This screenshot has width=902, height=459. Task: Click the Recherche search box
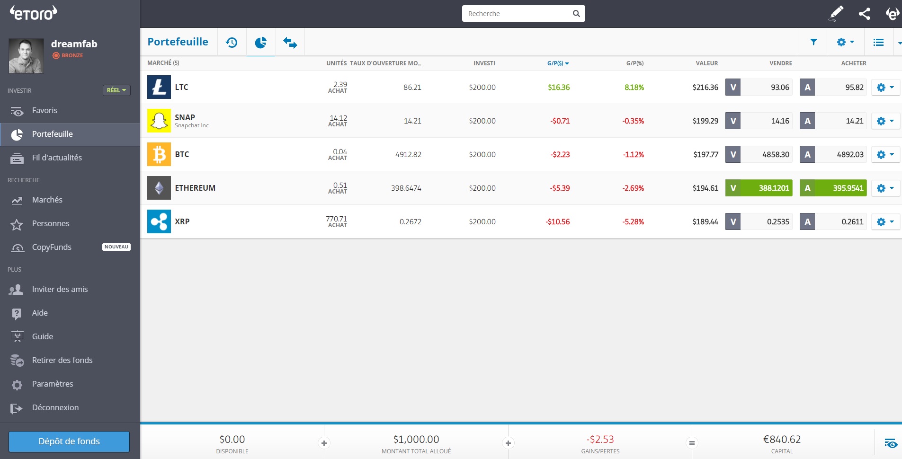point(518,14)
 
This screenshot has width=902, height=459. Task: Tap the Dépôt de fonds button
point(69,441)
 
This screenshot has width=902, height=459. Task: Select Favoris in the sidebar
point(45,110)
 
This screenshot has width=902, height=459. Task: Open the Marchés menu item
point(47,200)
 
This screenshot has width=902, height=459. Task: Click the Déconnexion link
point(55,407)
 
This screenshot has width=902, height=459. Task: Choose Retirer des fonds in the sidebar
point(62,360)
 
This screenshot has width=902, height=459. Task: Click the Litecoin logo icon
point(159,87)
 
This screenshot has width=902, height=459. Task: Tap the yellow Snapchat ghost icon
point(159,121)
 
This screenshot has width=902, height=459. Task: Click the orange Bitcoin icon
point(159,154)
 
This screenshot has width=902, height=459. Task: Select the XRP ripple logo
point(159,221)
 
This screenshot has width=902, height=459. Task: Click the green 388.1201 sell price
point(766,188)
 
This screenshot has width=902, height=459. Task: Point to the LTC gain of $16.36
point(559,88)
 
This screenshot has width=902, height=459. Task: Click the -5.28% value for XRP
point(633,222)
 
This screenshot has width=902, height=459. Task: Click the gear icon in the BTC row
point(885,154)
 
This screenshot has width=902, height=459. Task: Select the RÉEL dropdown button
point(116,90)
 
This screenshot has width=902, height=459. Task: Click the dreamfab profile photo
point(27,56)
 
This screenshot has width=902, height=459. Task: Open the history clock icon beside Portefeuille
point(232,43)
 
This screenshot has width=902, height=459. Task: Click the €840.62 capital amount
point(782,440)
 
